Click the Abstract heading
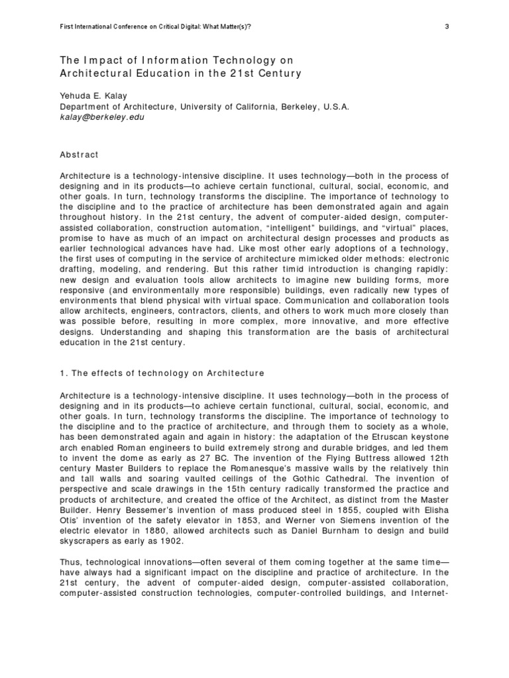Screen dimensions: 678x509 (79, 155)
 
